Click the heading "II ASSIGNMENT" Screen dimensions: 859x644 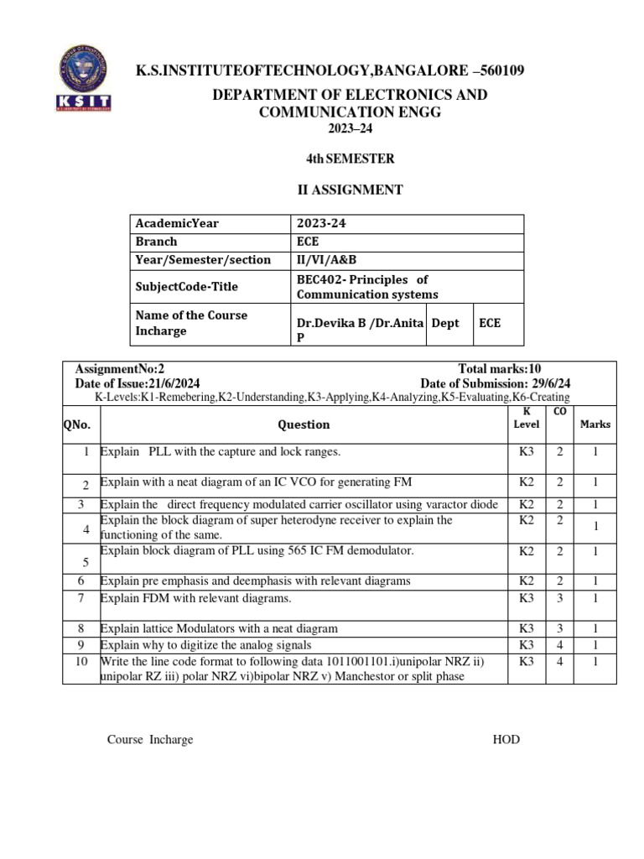click(x=351, y=190)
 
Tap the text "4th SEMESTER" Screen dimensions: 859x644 click(x=350, y=159)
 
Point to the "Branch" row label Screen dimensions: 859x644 click(x=157, y=242)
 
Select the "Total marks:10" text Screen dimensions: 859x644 click(x=500, y=369)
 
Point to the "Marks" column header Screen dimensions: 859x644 click(x=595, y=424)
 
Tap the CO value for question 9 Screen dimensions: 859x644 click(x=559, y=645)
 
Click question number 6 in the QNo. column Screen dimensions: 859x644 click(x=81, y=580)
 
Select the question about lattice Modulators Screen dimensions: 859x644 click(x=219, y=628)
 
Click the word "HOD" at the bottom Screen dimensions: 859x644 click(x=506, y=739)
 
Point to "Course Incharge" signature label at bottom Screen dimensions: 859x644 click(x=150, y=739)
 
